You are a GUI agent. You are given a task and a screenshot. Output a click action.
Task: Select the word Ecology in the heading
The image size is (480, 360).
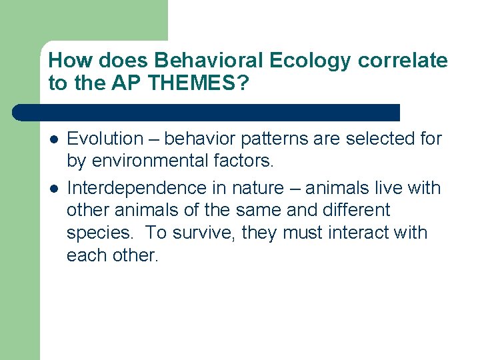(x=310, y=61)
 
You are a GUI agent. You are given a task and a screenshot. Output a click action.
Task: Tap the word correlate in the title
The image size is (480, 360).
(x=403, y=61)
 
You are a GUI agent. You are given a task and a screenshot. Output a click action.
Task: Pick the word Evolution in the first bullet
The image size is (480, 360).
(x=105, y=139)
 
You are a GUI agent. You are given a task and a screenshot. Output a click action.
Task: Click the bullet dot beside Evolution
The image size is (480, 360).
(x=53, y=139)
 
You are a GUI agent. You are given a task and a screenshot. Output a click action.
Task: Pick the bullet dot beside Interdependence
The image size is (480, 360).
(x=53, y=189)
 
